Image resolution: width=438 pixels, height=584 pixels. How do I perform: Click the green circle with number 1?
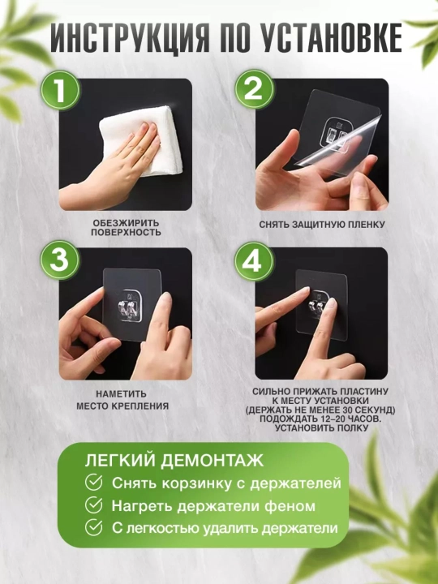pos(60,90)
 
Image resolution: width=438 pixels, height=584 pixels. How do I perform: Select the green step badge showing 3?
pos(60,260)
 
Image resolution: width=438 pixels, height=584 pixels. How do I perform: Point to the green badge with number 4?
pos(255,262)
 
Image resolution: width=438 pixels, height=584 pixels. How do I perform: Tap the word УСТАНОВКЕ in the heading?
pos(331,39)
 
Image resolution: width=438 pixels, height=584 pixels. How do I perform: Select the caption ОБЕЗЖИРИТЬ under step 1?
pos(126,224)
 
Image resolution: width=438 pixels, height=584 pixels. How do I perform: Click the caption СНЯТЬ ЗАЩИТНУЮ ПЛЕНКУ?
pos(322,225)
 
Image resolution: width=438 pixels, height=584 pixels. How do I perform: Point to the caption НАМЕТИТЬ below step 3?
pos(122,393)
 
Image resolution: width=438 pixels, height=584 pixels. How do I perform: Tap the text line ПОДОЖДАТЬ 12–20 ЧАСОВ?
pos(320,419)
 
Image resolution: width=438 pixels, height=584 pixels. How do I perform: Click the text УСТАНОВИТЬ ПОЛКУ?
pos(321,428)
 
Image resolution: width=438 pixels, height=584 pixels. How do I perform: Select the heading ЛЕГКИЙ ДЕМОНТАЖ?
pos(174,461)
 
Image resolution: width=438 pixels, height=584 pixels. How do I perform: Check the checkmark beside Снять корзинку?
pos(93,483)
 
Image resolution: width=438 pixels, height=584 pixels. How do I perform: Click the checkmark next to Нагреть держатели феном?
pos(93,505)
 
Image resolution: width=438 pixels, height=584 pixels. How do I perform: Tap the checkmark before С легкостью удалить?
pos(93,527)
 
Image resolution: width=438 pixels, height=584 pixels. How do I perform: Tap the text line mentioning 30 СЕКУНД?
pos(320,410)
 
